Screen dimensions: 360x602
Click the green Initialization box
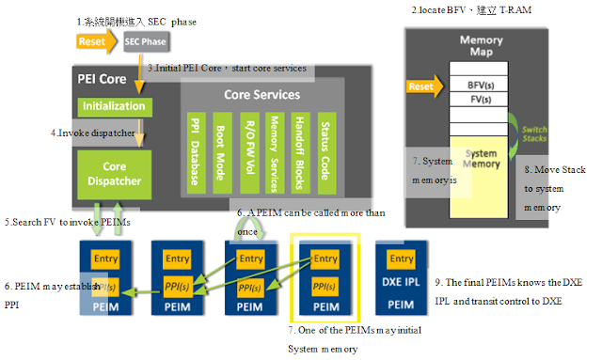(x=113, y=106)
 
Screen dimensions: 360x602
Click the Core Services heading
(x=261, y=95)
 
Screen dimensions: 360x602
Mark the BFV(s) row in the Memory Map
(x=481, y=84)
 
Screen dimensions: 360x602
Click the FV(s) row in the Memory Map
(x=481, y=98)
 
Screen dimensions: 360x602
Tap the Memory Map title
(x=481, y=47)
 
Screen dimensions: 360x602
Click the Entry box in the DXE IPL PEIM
(x=401, y=258)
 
